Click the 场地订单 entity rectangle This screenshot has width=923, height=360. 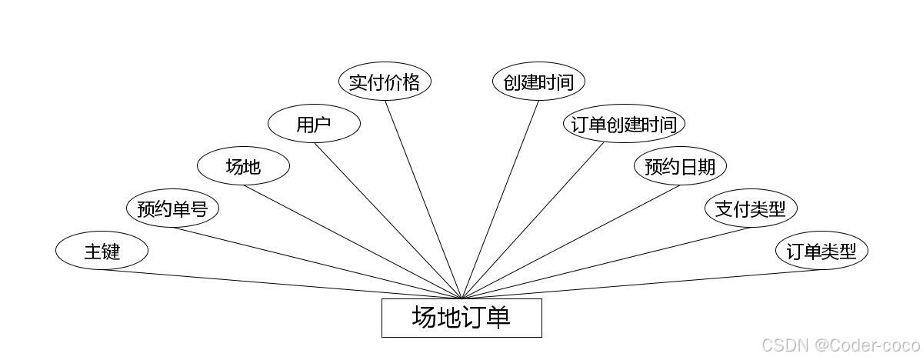coord(461,318)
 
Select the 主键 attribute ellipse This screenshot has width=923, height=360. coord(102,251)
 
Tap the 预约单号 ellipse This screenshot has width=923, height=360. coord(172,208)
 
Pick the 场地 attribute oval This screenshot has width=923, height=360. coord(243,166)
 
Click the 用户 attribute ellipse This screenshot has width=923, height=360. coord(314,124)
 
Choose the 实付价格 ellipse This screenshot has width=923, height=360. coord(385,82)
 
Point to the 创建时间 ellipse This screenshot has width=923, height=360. coord(538,82)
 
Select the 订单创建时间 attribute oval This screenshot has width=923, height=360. coord(624,124)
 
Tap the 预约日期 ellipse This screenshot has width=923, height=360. coord(680,166)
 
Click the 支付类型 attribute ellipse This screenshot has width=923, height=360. coord(751,208)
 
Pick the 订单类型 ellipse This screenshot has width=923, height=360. coord(821,251)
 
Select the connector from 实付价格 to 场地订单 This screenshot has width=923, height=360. coord(423,199)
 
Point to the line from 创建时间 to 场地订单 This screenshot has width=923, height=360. coord(500,199)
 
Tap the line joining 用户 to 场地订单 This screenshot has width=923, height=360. coord(388,220)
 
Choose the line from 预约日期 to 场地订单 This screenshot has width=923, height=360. coord(571,242)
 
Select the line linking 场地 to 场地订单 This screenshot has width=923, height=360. coord(352,242)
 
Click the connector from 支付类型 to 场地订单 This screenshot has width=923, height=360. coord(606,263)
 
